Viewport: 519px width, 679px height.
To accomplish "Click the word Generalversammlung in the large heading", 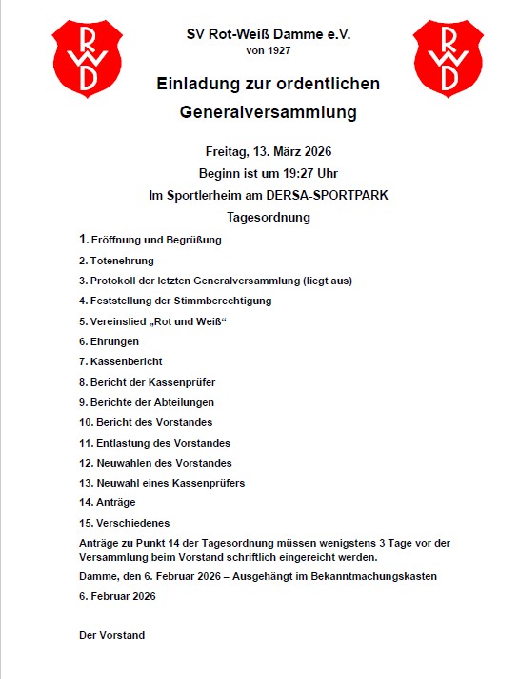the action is (x=268, y=112).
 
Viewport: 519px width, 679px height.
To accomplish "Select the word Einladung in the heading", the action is (x=196, y=84).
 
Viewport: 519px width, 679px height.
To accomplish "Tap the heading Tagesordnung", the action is (x=269, y=217).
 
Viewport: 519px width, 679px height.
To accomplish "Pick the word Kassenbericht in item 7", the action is (x=127, y=361).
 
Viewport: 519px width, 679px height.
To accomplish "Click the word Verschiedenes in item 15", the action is (x=132, y=524).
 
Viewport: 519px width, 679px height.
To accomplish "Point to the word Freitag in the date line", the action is (x=227, y=152).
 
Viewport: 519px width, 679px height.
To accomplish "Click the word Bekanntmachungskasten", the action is (x=356, y=577).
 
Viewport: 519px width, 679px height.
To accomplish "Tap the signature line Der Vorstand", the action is (x=111, y=634).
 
